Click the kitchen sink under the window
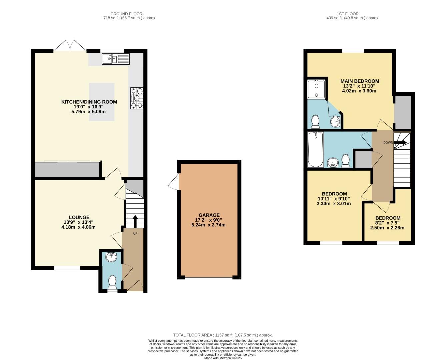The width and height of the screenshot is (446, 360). [x=116, y=59]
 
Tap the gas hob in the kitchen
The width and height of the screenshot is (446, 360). [x=137, y=98]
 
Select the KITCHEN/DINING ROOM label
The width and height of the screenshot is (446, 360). [x=89, y=102]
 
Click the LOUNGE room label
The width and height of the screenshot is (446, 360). [x=79, y=217]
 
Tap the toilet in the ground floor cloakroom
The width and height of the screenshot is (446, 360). [x=112, y=282]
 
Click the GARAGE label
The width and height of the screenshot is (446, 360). [x=209, y=215]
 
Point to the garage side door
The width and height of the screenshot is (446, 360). [x=174, y=183]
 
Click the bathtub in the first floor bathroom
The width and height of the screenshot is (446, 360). [x=315, y=150]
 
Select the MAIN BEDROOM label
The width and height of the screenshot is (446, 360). [x=360, y=81]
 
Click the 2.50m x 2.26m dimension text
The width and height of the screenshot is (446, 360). [x=387, y=228]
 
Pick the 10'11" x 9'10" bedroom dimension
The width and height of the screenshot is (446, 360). [x=334, y=199]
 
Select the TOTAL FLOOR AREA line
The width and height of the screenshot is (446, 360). [x=223, y=335]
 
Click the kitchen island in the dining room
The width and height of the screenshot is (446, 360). [x=102, y=102]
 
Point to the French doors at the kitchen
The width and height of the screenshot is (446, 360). [x=70, y=47]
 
